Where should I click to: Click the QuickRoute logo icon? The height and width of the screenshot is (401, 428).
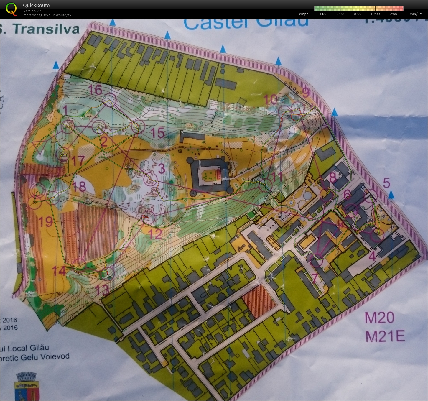point(11,9)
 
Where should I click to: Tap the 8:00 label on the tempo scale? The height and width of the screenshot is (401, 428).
point(357,14)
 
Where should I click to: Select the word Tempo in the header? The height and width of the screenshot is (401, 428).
point(302,14)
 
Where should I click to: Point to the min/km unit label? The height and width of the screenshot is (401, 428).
point(416,14)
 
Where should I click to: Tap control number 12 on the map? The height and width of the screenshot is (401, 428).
point(155,234)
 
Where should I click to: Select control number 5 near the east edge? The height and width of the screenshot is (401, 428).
point(386,183)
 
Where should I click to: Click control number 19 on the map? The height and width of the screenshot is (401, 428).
point(46,222)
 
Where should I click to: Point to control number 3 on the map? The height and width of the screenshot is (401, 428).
point(161,169)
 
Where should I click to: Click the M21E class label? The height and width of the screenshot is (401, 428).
point(385,336)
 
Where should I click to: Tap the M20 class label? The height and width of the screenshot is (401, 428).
point(379,318)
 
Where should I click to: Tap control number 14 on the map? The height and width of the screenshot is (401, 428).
point(59,271)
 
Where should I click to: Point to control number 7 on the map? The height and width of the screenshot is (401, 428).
point(314,278)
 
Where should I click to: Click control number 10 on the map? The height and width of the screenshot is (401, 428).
point(270,100)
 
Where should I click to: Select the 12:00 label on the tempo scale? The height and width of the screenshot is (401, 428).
point(392,14)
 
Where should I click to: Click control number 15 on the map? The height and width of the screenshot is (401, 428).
point(157,133)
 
